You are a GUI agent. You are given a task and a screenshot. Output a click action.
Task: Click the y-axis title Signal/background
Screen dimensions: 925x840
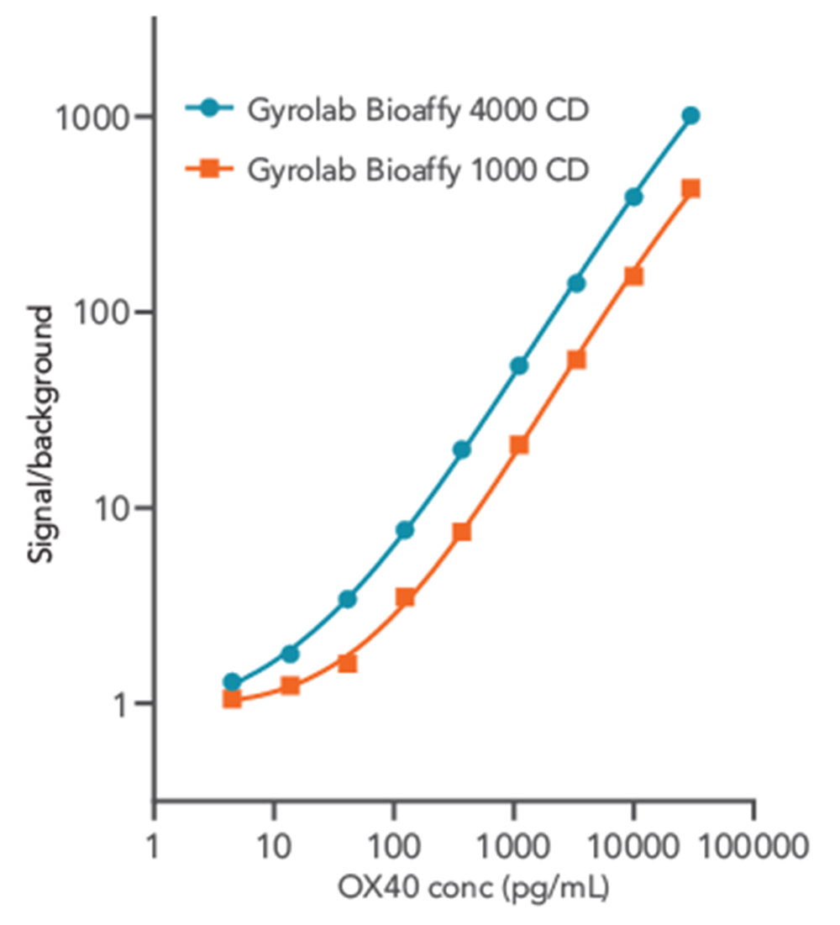tap(43, 436)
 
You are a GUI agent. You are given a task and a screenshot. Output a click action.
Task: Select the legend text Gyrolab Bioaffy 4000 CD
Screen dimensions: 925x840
tap(417, 110)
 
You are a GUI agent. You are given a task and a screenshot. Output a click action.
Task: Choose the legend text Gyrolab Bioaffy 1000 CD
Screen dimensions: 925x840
tap(417, 170)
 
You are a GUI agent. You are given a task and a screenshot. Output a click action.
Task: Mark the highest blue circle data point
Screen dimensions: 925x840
tap(690, 116)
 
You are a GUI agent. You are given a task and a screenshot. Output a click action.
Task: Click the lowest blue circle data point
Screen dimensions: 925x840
tap(233, 682)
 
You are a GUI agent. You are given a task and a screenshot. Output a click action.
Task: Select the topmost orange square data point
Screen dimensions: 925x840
tap(690, 189)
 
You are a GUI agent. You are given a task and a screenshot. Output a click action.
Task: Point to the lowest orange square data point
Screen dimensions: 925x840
tap(233, 699)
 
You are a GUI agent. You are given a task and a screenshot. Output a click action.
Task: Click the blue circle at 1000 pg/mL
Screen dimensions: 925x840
tap(519, 365)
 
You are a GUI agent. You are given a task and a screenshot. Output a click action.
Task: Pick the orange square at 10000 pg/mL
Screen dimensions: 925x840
tap(633, 276)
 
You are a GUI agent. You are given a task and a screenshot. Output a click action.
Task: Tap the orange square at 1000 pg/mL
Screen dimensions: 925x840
tap(519, 444)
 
